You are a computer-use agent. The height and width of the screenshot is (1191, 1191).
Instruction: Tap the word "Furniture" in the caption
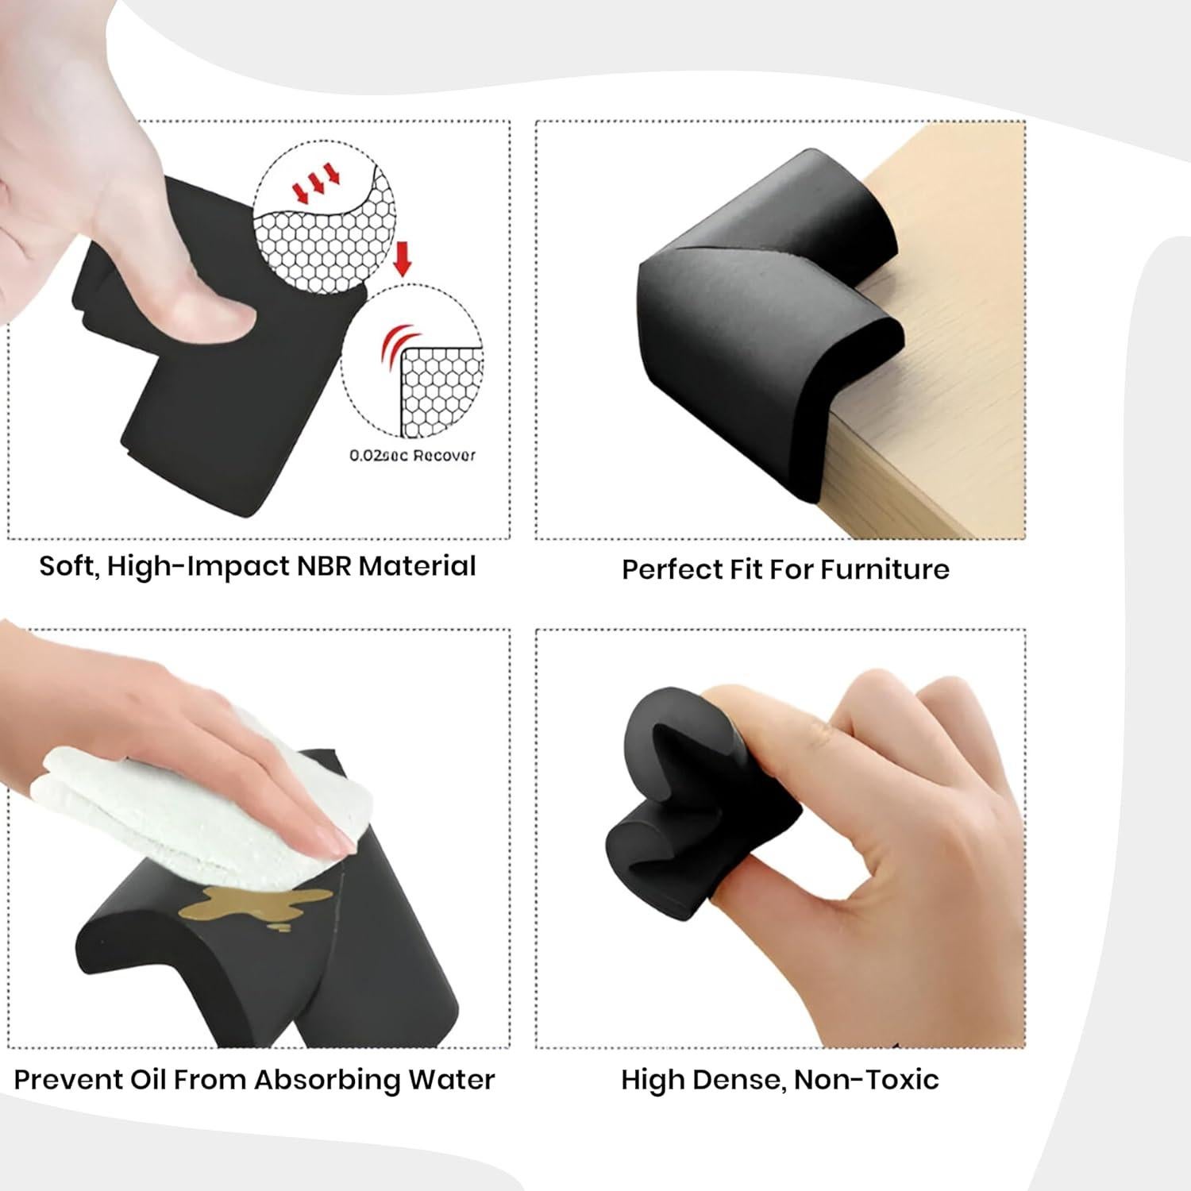[885, 569]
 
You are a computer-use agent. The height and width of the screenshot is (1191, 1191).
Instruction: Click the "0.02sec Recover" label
[412, 456]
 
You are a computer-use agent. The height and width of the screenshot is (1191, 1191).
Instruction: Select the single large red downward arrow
[403, 259]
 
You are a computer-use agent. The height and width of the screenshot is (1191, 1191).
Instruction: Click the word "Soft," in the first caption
[69, 567]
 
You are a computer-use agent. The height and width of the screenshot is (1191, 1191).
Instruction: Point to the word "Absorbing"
[327, 1081]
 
